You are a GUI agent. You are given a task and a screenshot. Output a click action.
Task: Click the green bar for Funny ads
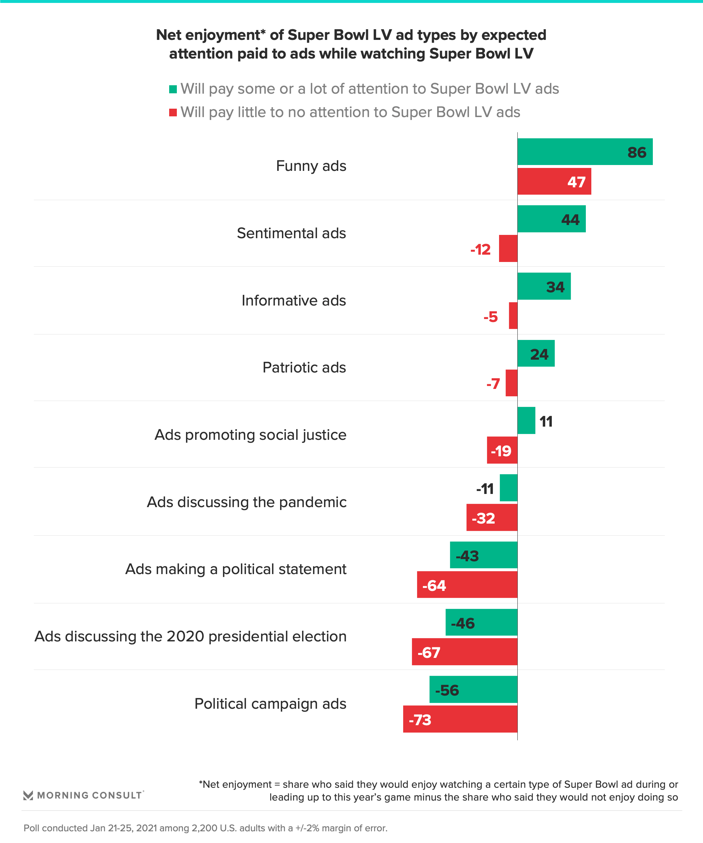584,152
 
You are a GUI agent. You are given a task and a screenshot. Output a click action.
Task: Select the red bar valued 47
554,181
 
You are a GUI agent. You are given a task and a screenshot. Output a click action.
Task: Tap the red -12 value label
480,250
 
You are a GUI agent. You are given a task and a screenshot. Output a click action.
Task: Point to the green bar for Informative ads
544,286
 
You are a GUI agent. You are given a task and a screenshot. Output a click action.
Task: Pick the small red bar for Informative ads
513,316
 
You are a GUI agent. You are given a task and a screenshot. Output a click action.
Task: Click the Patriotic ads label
304,367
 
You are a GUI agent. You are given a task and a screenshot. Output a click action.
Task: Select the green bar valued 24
536,353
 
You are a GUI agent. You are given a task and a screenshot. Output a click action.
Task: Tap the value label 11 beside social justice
546,421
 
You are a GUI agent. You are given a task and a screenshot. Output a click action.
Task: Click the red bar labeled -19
502,450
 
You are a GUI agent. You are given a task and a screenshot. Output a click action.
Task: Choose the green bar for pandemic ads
508,488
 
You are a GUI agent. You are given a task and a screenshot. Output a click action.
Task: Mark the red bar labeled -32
492,518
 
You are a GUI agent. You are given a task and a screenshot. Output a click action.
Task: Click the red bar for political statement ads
467,585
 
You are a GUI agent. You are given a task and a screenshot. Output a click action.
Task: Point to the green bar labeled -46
481,622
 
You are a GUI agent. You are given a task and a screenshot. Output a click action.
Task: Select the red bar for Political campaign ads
460,719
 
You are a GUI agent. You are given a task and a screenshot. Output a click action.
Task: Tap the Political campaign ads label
270,704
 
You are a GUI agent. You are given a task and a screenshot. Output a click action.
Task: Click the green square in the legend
173,89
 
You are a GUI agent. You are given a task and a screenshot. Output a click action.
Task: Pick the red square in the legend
173,112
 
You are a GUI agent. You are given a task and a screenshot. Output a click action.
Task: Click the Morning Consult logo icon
28,795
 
